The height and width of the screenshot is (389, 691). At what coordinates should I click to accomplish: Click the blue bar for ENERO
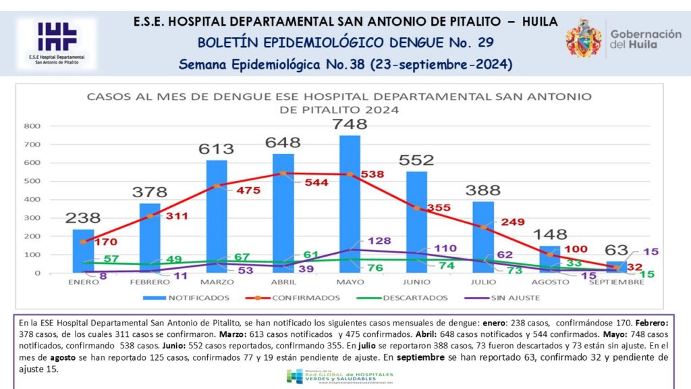(x=83, y=251)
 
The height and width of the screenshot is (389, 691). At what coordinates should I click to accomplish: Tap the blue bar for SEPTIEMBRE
(x=616, y=267)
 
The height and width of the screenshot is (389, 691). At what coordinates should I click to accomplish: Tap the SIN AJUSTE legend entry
(x=497, y=297)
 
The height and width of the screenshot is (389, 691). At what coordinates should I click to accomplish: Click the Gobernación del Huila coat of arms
(x=584, y=38)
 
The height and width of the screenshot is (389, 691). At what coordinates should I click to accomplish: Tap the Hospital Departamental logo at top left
(x=57, y=43)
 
